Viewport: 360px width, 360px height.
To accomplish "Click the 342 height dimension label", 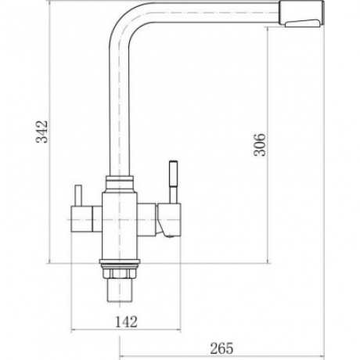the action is click(42, 131).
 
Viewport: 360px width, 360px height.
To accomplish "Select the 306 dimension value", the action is click(260, 145).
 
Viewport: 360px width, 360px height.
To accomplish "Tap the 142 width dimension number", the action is click(126, 322).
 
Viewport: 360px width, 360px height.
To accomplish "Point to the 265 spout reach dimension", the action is click(221, 348).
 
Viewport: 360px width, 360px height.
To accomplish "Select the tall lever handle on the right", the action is click(173, 182).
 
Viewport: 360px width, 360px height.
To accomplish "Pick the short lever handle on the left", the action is click(78, 196).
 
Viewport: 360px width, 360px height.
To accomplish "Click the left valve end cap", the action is click(81, 218).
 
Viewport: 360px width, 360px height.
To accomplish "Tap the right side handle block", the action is click(169, 219).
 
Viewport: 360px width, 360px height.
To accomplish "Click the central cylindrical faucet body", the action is click(120, 225).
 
